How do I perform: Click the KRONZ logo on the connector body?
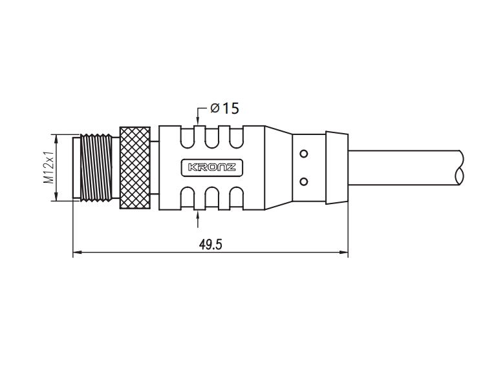coord(212,167)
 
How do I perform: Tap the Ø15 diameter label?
coord(224,109)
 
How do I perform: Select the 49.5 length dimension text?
coord(210,245)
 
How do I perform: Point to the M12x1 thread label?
coord(49,167)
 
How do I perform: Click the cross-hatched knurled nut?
coord(135,167)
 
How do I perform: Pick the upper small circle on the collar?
coord(304,154)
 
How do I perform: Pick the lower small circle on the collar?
coord(304,182)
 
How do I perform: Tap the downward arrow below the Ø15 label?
coord(198,116)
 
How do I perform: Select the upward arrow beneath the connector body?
coord(198,219)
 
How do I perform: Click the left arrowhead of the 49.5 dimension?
coord(77,253)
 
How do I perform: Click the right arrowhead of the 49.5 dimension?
coord(343,253)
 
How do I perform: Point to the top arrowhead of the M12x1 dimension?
coord(56,139)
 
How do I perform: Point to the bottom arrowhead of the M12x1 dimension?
coord(56,196)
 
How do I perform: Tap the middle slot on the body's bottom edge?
coord(212,198)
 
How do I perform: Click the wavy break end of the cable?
coord(460,167)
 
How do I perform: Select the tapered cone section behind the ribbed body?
coord(279,167)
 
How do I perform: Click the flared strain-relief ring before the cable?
coord(337,167)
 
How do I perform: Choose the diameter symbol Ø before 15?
coord(215,109)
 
